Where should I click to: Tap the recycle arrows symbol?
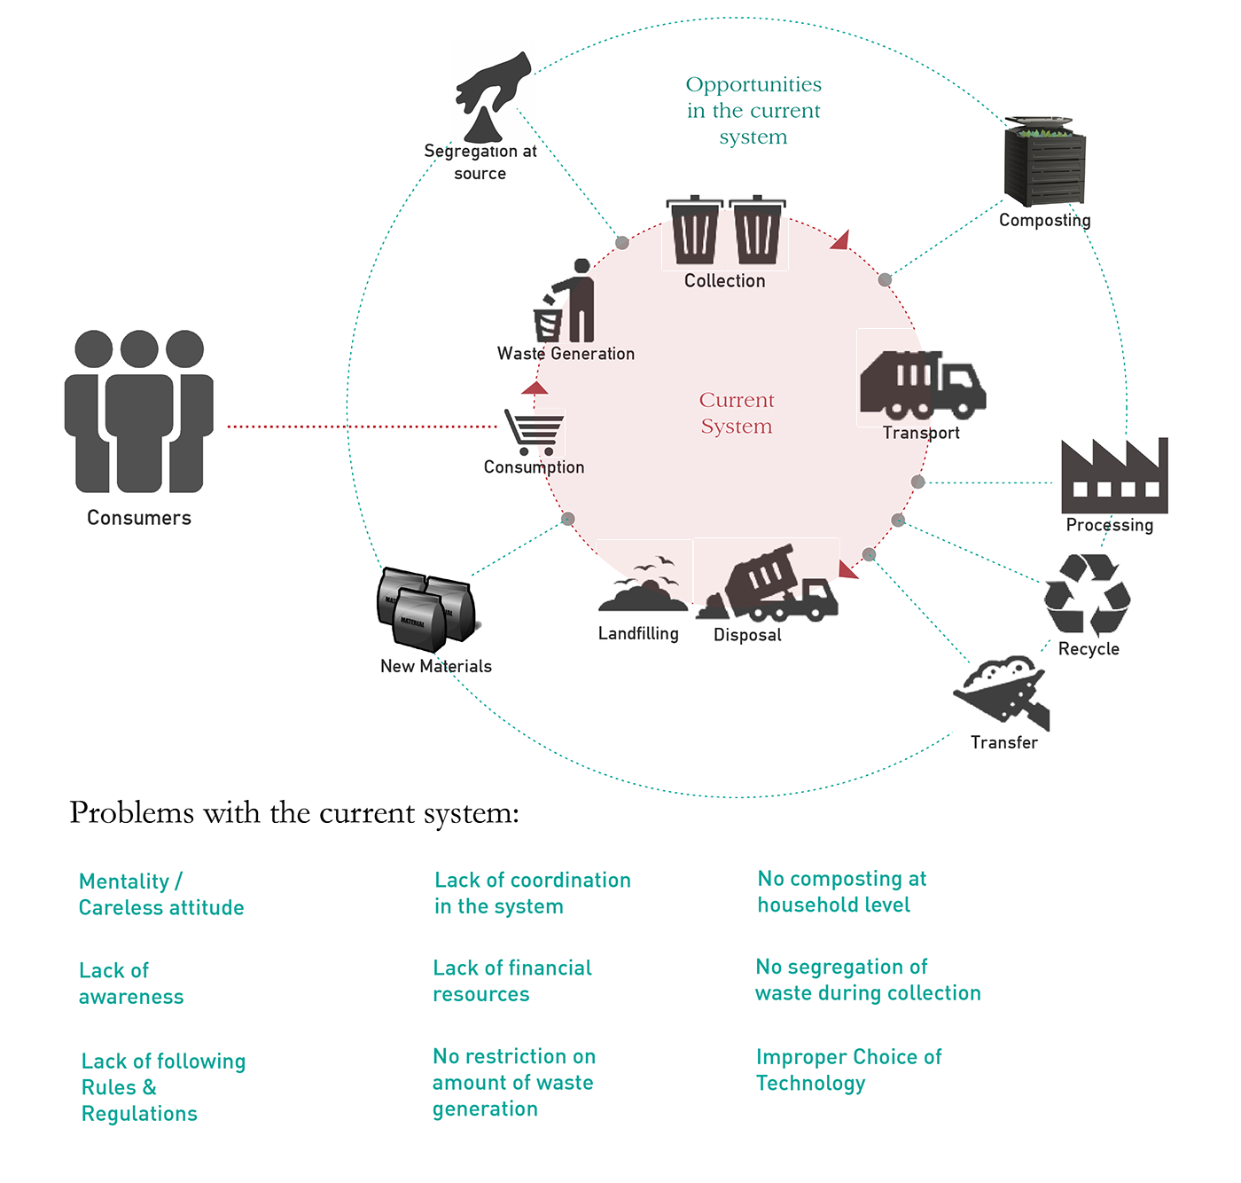pyautogui.click(x=1086, y=592)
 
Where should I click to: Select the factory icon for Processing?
pyautogui.click(x=1114, y=474)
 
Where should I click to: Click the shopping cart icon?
pyautogui.click(x=534, y=432)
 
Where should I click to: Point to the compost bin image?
pyautogui.click(x=1045, y=163)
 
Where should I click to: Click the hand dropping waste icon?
pyautogui.click(x=493, y=94)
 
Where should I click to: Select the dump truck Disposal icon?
pyautogui.click(x=767, y=583)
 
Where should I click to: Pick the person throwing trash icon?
pyautogui.click(x=564, y=301)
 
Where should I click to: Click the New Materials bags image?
pyautogui.click(x=427, y=611)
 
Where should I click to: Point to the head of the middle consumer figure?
pyautogui.click(x=139, y=349)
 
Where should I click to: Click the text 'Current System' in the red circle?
pyautogui.click(x=737, y=413)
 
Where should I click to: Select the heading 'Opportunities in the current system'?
pyautogui.click(x=753, y=111)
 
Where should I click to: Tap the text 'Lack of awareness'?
pyautogui.click(x=130, y=983)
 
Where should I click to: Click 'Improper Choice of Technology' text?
pyautogui.click(x=848, y=1069)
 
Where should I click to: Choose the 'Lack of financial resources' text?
pyautogui.click(x=512, y=981)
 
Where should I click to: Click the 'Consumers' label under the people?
pyautogui.click(x=139, y=518)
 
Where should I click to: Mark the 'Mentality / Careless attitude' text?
pyautogui.click(x=160, y=894)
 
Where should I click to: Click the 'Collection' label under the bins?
pyautogui.click(x=725, y=280)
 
